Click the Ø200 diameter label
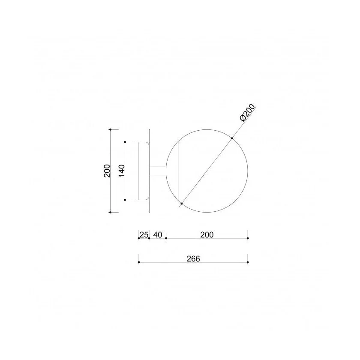coord(247,112)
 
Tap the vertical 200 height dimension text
coord(107,171)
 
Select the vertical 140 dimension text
coord(121,171)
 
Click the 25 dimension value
coord(144,235)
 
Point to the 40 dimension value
coord(158,235)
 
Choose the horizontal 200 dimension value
coord(207,235)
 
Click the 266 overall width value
coord(193,258)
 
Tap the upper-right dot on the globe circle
coord(232,138)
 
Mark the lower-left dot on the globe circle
coord(182,204)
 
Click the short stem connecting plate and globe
coord(158,171)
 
